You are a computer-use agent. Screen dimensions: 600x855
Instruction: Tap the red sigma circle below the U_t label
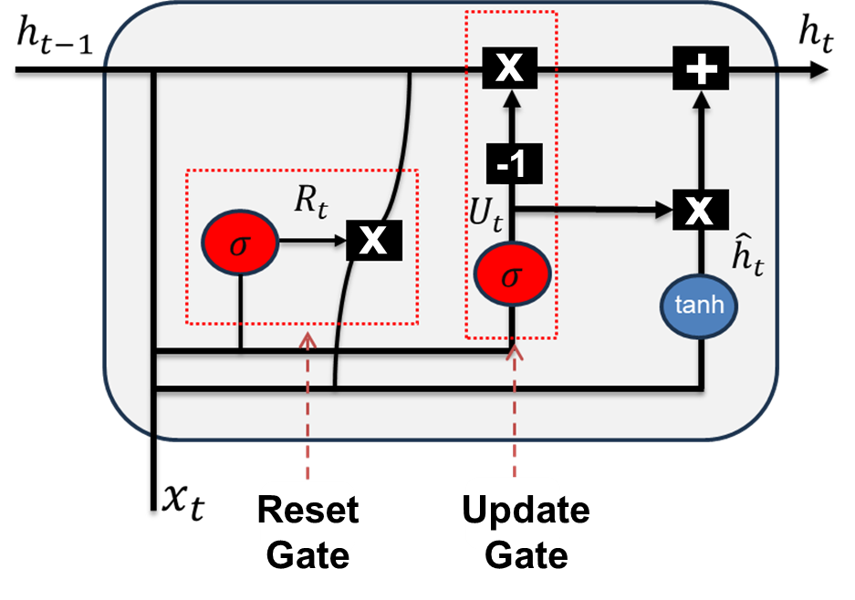pos(512,274)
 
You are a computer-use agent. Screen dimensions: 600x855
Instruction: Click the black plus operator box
pos(700,69)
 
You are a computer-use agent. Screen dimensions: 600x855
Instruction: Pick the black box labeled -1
pos(512,165)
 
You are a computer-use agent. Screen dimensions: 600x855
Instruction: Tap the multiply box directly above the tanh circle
pos(699,210)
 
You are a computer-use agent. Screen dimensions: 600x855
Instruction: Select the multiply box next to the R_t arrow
pos(374,242)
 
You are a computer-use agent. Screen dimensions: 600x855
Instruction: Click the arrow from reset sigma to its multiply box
pos(311,242)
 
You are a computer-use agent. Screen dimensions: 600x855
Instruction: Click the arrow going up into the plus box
pos(700,137)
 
